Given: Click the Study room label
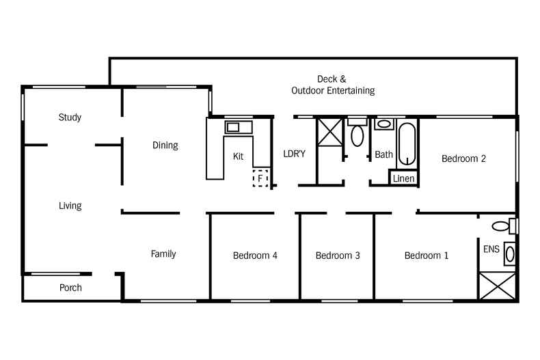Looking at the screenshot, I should [70, 117].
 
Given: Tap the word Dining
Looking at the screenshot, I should [165, 146].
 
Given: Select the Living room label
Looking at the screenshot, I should [70, 206].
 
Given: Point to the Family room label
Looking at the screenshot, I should [163, 254].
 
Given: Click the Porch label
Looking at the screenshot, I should [70, 288].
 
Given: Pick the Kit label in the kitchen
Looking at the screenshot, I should [238, 156].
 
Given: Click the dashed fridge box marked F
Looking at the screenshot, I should [260, 178].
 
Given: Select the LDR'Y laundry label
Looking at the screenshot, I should [294, 154].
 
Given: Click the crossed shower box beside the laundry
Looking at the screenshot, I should [329, 133].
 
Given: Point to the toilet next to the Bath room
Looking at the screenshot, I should [357, 135].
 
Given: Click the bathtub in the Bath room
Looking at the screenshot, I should [407, 143].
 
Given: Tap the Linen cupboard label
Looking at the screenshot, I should [403, 178].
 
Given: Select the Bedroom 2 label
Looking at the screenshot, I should [463, 159].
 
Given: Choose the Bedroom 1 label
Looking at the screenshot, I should [427, 256].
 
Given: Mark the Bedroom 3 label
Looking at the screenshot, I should [338, 256].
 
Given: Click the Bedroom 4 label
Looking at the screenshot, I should [255, 256].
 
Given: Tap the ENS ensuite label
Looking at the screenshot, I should [491, 249].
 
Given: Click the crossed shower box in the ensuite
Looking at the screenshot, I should [498, 286].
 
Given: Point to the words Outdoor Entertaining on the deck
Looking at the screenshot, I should [333, 91].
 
